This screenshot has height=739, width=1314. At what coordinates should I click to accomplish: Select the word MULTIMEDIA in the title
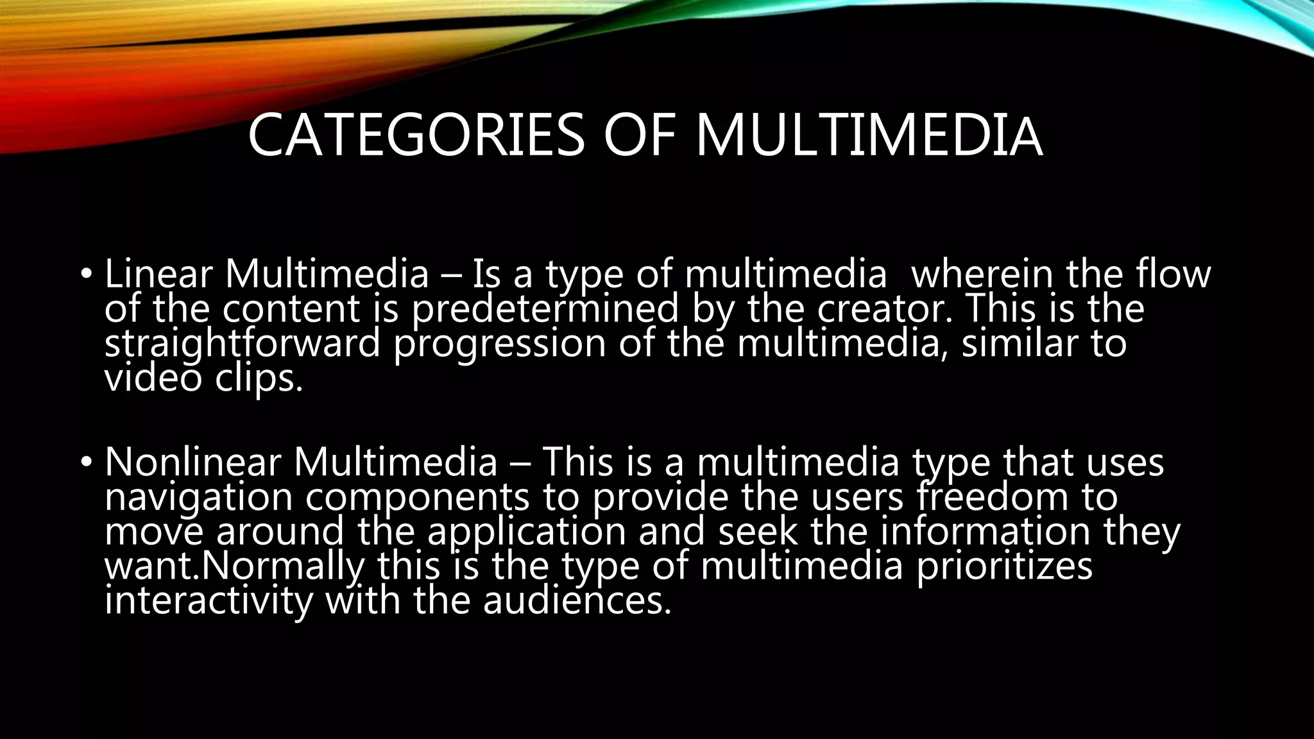tap(869, 135)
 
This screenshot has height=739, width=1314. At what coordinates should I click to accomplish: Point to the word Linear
tap(158, 274)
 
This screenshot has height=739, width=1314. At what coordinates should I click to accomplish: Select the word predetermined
tap(545, 309)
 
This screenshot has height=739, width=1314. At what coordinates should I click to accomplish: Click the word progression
tap(499, 344)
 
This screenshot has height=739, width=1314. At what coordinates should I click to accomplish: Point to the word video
tap(153, 378)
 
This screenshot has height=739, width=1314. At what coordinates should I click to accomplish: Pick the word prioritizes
tap(1005, 566)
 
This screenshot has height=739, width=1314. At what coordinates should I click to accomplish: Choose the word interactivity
tap(209, 601)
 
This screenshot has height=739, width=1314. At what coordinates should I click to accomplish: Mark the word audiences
tap(577, 601)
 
